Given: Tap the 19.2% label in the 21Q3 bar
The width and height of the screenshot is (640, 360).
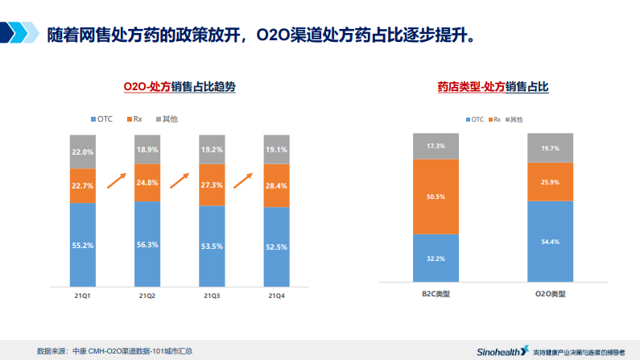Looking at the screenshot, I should (x=213, y=150).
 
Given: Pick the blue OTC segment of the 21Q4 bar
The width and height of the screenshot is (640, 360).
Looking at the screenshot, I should (x=277, y=246).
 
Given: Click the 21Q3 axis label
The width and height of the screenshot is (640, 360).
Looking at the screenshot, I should (x=213, y=296).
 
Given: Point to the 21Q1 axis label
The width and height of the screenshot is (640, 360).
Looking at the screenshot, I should (x=82, y=296).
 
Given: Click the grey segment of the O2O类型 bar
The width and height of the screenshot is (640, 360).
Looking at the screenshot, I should (x=550, y=148).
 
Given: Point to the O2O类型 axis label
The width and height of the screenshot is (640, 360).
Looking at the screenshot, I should (x=550, y=293).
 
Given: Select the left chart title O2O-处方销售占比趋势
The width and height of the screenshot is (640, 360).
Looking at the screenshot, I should (x=179, y=85).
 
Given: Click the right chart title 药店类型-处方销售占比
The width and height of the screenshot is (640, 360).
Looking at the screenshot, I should (x=493, y=85).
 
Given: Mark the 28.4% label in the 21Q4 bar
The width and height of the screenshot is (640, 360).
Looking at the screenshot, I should (x=277, y=186).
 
